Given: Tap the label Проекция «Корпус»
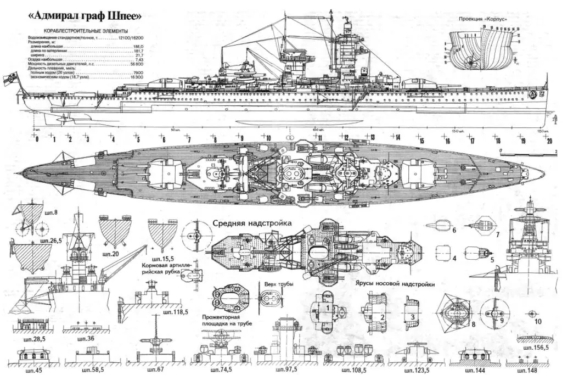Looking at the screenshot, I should click(482, 19).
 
